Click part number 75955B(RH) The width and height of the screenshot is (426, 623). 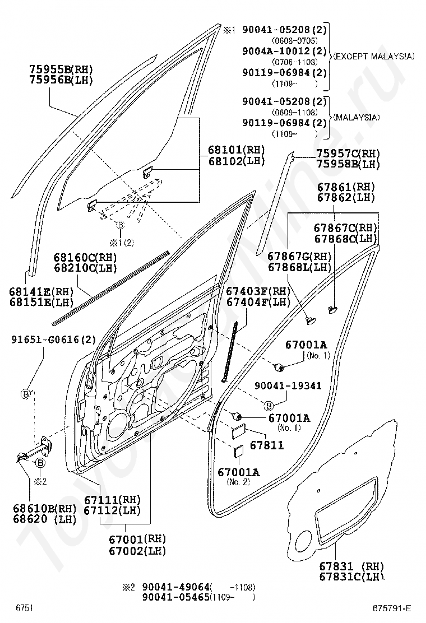pyautogui.click(x=61, y=69)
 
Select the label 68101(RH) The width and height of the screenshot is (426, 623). pyautogui.click(x=235, y=150)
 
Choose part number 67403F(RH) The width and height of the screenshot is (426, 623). pyautogui.click(x=258, y=291)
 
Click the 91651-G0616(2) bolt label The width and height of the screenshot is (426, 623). pyautogui.click(x=54, y=339)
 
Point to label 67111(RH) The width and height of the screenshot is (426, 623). pyautogui.click(x=112, y=499)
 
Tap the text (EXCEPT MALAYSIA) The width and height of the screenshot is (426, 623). pyautogui.click(x=373, y=57)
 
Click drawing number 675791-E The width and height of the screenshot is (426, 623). pyautogui.click(x=392, y=608)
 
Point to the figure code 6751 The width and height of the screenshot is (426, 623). pyautogui.click(x=24, y=608)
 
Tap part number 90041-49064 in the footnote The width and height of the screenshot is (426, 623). pyautogui.click(x=175, y=587)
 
